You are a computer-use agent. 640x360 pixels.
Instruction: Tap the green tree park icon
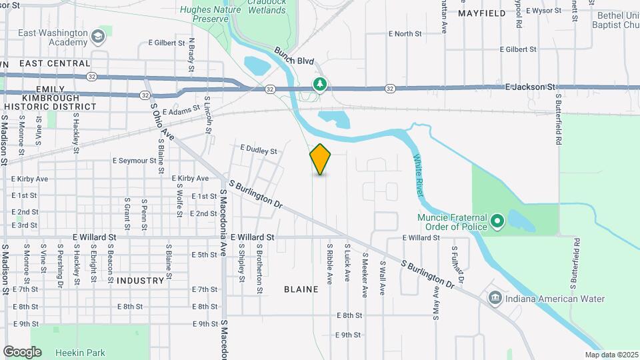pos(320,84)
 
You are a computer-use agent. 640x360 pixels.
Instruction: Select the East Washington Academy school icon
pos(99,36)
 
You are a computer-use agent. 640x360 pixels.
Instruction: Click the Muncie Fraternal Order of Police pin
pos(497,221)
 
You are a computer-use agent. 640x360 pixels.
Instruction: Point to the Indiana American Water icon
pos(495,298)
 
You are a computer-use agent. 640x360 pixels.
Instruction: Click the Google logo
pos(22,351)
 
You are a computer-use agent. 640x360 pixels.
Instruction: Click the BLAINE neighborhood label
pos(301,289)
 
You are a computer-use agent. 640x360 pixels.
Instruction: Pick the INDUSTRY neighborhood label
pos(140,281)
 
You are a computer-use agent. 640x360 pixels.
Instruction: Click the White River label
pos(418,174)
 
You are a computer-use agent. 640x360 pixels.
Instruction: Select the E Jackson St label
pos(530,87)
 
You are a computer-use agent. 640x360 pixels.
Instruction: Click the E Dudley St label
pos(258,151)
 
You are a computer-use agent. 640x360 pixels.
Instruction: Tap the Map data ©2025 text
pos(610,355)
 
